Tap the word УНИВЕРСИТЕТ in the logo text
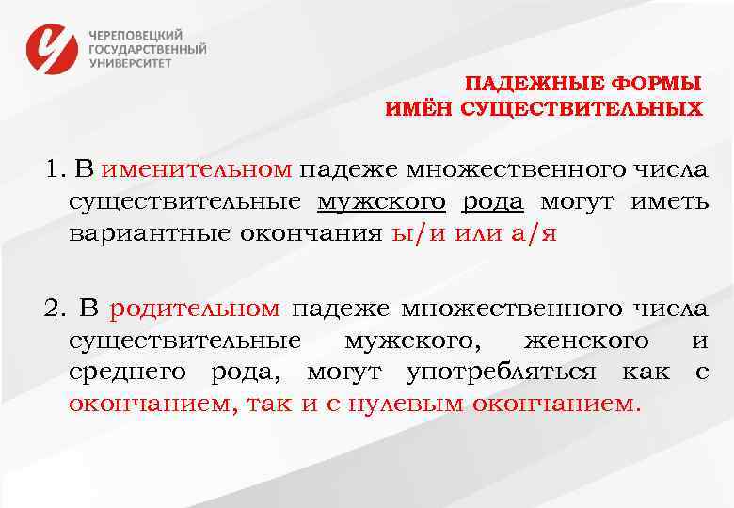coord(131,64)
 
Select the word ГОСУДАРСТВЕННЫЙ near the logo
coord(148,49)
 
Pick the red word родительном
coord(195,308)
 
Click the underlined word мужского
coord(381,201)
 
